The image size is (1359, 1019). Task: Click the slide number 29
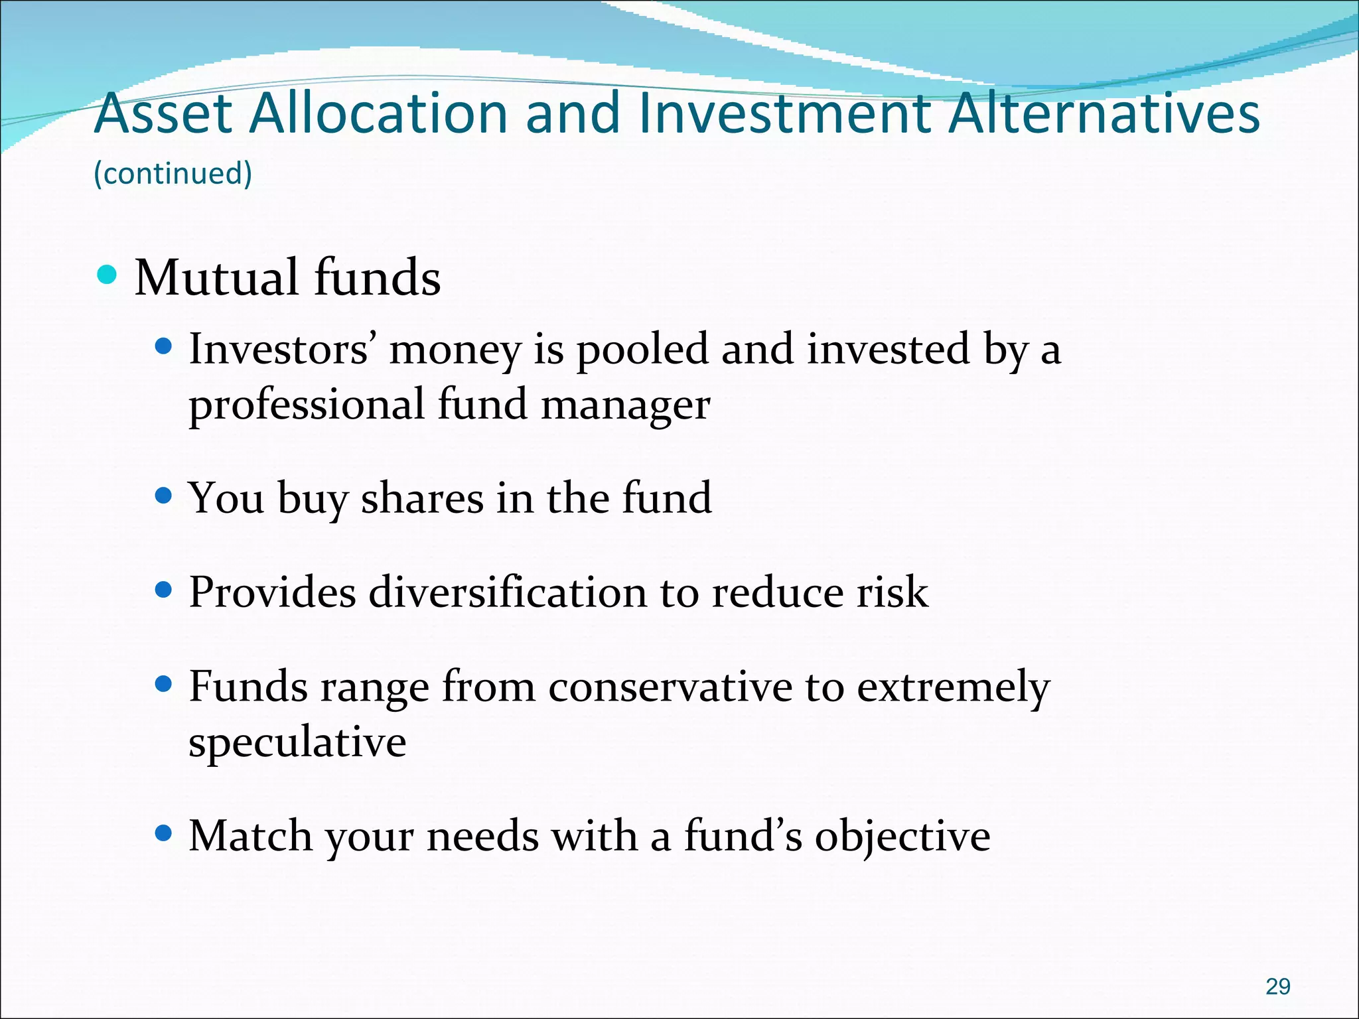coord(1277,986)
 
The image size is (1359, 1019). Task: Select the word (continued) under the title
coord(173,174)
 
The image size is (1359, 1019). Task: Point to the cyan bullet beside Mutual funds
coord(106,274)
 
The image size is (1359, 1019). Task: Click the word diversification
coord(508,592)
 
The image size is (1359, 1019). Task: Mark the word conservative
coord(670,687)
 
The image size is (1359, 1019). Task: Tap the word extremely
coord(954,688)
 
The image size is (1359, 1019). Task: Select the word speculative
coord(297,742)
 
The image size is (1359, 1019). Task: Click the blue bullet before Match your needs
coord(163,832)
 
